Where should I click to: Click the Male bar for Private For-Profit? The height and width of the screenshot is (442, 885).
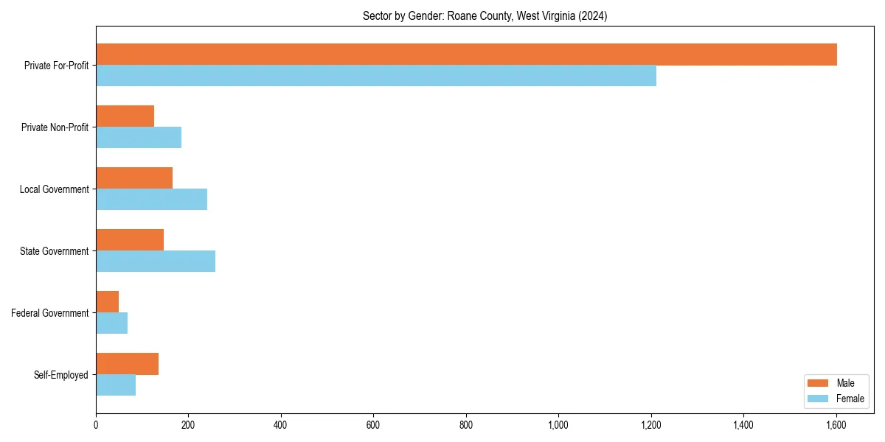click(466, 55)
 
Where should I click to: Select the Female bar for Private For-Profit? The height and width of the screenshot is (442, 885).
click(376, 75)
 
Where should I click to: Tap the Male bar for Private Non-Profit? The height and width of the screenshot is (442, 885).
click(125, 116)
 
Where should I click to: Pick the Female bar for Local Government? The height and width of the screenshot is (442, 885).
click(151, 199)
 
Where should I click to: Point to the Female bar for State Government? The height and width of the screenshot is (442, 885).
click(156, 261)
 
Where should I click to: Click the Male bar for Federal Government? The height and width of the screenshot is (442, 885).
click(107, 302)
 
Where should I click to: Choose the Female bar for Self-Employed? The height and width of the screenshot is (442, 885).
click(116, 385)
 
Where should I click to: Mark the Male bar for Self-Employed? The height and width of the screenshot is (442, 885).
click(127, 364)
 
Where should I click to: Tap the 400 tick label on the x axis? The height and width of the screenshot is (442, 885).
click(280, 424)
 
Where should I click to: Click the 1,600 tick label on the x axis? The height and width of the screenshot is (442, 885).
click(836, 424)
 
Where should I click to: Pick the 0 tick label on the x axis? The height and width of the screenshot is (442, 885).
click(96, 424)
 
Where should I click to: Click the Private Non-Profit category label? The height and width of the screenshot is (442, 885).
click(55, 127)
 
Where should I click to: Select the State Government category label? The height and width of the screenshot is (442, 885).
click(55, 251)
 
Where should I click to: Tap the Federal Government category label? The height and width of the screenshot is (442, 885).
click(50, 313)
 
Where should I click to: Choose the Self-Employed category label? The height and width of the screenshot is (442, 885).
click(61, 375)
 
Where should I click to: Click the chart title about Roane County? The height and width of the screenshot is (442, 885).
click(485, 16)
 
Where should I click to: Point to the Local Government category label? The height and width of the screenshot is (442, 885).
click(55, 189)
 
